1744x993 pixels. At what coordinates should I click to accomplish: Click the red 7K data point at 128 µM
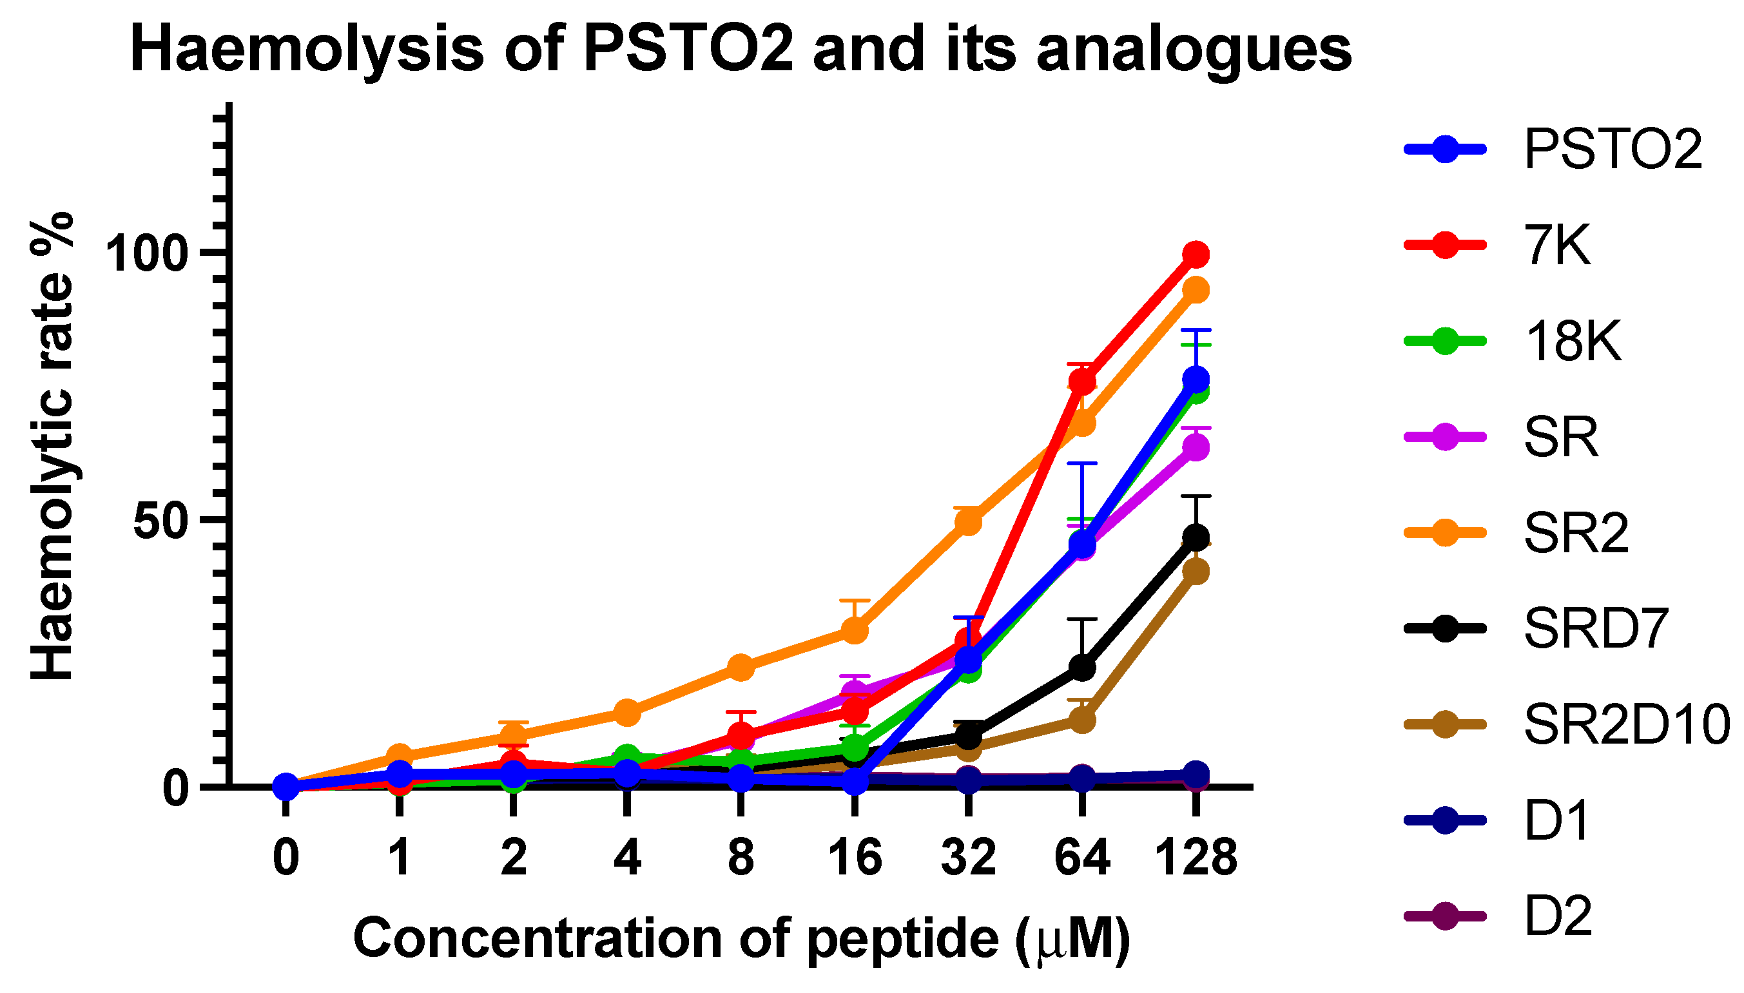click(x=1195, y=255)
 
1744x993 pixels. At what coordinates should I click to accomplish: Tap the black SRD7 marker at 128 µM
click(x=1195, y=537)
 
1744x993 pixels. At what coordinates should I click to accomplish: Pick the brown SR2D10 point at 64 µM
click(x=1081, y=720)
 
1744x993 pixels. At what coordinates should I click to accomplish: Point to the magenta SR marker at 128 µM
click(x=1195, y=447)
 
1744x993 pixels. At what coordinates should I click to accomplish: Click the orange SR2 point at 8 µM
click(x=741, y=667)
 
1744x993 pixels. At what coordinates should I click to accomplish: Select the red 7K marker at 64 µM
click(x=1081, y=381)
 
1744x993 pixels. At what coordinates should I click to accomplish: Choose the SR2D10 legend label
click(x=1627, y=724)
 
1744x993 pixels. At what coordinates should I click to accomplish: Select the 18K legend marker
click(x=1444, y=341)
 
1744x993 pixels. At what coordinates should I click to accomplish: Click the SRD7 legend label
click(x=1596, y=628)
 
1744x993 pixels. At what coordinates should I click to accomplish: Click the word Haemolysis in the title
click(x=307, y=49)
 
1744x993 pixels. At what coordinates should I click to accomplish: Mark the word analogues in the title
click(x=1194, y=51)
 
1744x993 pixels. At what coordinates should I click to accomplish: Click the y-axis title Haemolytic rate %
click(x=52, y=447)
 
